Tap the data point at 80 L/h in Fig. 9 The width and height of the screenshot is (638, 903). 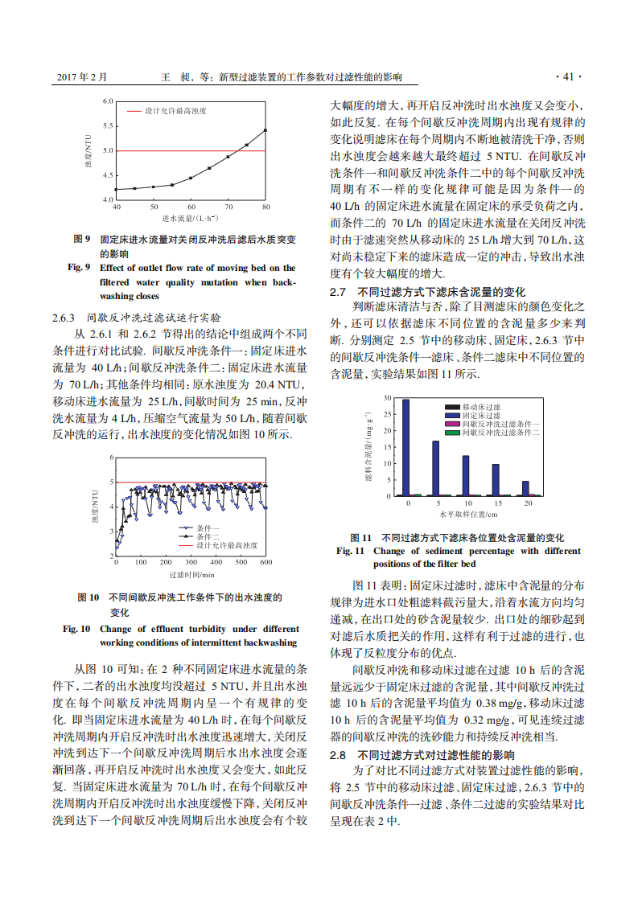click(265, 130)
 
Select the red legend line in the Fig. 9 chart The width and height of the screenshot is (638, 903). click(133, 109)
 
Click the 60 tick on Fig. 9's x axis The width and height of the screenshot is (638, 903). click(191, 207)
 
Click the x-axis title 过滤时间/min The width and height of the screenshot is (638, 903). click(191, 574)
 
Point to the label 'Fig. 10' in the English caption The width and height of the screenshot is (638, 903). click(76, 629)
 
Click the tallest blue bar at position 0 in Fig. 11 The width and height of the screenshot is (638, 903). click(405, 448)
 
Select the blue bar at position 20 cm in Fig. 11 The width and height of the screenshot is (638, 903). click(525, 488)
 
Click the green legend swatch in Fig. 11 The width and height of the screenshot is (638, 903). click(454, 433)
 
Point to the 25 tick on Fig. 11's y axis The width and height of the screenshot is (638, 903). click(388, 414)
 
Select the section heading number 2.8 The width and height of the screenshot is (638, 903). click(338, 755)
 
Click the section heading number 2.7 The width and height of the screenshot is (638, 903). click(338, 291)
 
